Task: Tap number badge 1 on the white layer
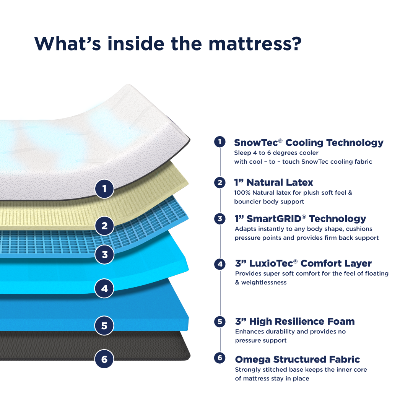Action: [x=104, y=189]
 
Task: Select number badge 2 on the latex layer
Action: [x=104, y=226]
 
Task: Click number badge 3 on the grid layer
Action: [x=104, y=254]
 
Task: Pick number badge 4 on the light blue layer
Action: [x=104, y=289]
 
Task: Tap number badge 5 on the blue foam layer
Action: [x=104, y=326]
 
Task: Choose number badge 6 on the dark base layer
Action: [x=104, y=359]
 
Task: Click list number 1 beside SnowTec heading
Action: [x=220, y=142]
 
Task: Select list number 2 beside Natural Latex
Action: [x=220, y=182]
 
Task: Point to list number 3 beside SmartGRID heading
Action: [x=220, y=219]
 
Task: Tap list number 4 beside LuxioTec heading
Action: [x=220, y=264]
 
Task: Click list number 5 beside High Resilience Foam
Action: [x=220, y=322]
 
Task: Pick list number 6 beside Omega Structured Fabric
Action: [x=220, y=358]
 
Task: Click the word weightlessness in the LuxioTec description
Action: [x=264, y=283]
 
